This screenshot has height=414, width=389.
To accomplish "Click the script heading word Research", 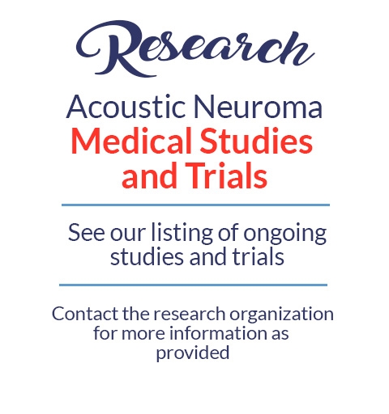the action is click(195, 49).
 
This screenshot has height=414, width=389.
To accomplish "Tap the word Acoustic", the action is click(126, 107).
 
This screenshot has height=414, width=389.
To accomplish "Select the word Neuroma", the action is click(258, 107).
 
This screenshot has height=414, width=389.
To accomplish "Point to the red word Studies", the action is click(256, 141).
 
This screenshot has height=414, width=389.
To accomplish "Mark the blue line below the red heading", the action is click(195, 205).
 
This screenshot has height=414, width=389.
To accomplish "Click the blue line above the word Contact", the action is click(193, 285).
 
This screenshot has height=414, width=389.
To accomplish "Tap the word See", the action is click(86, 233).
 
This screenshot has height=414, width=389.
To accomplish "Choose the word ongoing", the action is click(285, 234).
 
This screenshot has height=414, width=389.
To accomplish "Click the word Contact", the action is click(85, 314).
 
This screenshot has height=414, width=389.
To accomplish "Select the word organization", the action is click(281, 315).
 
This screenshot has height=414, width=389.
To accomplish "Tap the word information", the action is click(219, 333).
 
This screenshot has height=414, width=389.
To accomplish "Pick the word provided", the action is click(193, 353).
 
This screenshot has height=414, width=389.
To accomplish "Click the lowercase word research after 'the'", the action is click(190, 315).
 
